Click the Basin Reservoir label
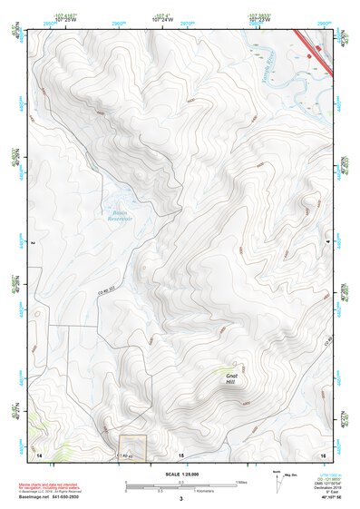(121, 215)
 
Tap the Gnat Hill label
(233, 378)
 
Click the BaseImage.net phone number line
(50, 498)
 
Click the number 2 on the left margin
(32, 243)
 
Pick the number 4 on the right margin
(336, 243)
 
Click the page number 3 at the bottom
(180, 499)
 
